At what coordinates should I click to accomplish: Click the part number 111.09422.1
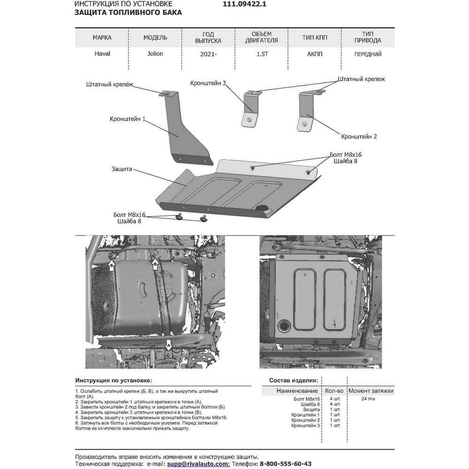pyautogui.click(x=244, y=4)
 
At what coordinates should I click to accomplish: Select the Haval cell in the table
pyautogui.click(x=102, y=54)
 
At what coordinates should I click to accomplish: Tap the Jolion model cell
pyautogui.click(x=155, y=54)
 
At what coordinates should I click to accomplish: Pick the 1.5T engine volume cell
pyautogui.click(x=262, y=54)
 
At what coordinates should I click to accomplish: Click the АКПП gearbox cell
pyautogui.click(x=315, y=54)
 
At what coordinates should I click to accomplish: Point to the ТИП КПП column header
pyautogui.click(x=315, y=38)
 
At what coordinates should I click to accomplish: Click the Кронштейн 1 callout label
pyautogui.click(x=128, y=119)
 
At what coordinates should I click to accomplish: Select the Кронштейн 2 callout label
pyautogui.click(x=359, y=136)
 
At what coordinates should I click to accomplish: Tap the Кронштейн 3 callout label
pyautogui.click(x=208, y=83)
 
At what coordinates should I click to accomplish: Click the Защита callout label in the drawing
pyautogui.click(x=121, y=169)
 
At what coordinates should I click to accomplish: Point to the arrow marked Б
pyautogui.click(x=112, y=265)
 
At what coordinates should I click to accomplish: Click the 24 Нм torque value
pyautogui.click(x=368, y=399)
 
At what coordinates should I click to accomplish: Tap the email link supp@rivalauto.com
pyautogui.click(x=198, y=464)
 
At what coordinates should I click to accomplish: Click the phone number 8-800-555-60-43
pyautogui.click(x=285, y=464)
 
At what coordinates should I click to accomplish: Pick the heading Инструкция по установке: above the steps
pyautogui.click(x=113, y=380)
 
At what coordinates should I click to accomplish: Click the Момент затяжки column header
pyautogui.click(x=371, y=391)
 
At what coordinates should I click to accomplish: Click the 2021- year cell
pyautogui.click(x=208, y=54)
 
